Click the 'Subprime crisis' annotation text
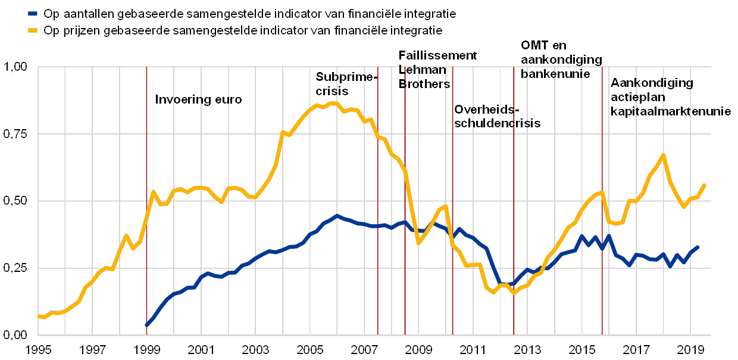[344, 84]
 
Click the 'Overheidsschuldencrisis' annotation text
[496, 117]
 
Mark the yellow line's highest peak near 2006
[332, 103]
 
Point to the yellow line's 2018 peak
[663, 155]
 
